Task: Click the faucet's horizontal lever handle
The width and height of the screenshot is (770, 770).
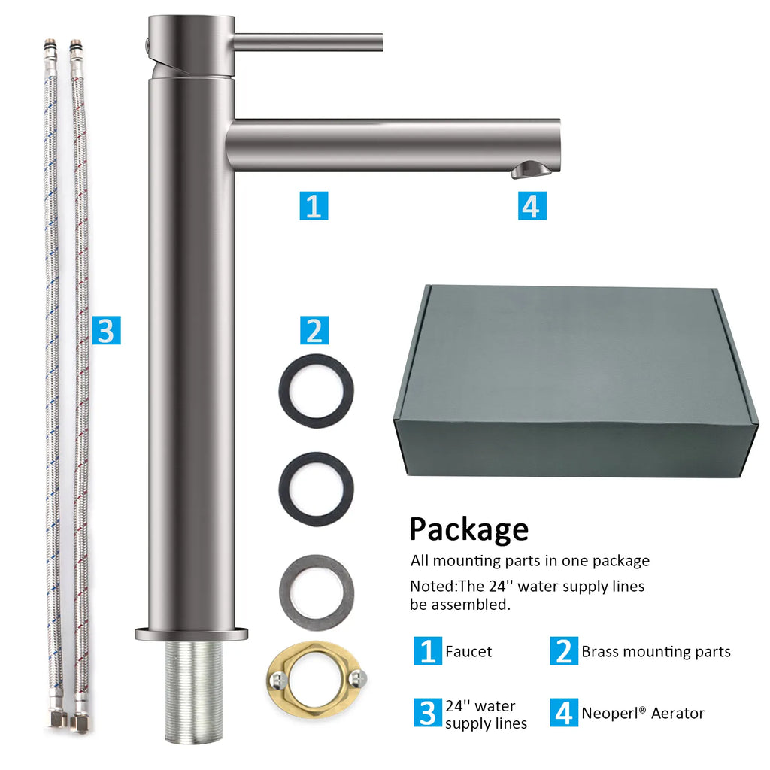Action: pyautogui.click(x=308, y=42)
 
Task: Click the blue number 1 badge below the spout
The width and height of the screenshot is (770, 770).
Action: pyautogui.click(x=314, y=206)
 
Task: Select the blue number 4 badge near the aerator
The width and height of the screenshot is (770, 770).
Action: pyautogui.click(x=532, y=206)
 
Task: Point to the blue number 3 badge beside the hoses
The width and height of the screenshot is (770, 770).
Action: pyautogui.click(x=107, y=330)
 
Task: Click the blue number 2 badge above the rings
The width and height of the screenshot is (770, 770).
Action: pyautogui.click(x=314, y=330)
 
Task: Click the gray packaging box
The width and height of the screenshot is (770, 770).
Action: pyautogui.click(x=575, y=380)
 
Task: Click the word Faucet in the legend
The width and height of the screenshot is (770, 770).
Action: pyautogui.click(x=468, y=652)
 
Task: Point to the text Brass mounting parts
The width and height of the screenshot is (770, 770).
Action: pyautogui.click(x=656, y=652)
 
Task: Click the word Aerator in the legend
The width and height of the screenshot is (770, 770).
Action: pyautogui.click(x=678, y=713)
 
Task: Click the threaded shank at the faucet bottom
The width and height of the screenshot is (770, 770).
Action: pyautogui.click(x=192, y=692)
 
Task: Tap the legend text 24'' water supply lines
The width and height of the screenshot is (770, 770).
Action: pyautogui.click(x=487, y=714)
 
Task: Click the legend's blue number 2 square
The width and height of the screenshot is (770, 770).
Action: pyautogui.click(x=564, y=651)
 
